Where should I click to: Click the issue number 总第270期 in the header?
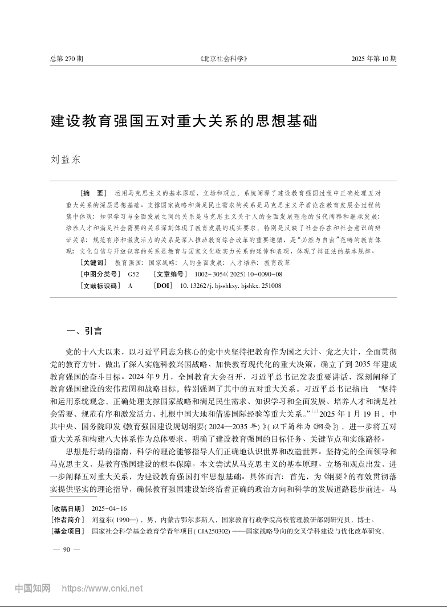coord(67,59)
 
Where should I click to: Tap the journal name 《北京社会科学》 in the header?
coord(223,59)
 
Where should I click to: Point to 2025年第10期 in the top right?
coord(373,59)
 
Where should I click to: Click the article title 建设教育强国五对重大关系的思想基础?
coord(184,121)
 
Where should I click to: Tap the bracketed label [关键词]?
coord(93,263)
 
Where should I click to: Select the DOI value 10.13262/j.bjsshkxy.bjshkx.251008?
coord(230,286)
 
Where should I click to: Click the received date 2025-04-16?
coord(108,508)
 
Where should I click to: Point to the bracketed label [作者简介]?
coord(68,520)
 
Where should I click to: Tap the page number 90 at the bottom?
coord(66,549)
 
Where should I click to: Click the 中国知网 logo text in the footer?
coord(32,588)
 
